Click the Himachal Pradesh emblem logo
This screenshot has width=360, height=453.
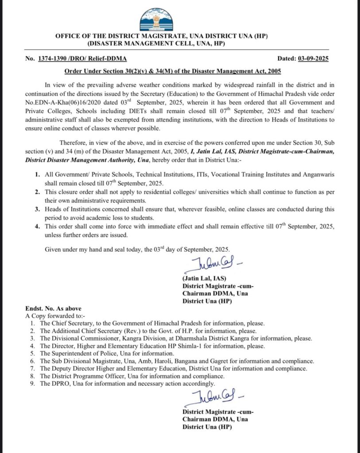point(158,20)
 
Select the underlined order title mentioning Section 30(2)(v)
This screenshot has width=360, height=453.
point(173,71)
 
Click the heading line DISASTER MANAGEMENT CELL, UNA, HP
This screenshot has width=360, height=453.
point(156,43)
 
